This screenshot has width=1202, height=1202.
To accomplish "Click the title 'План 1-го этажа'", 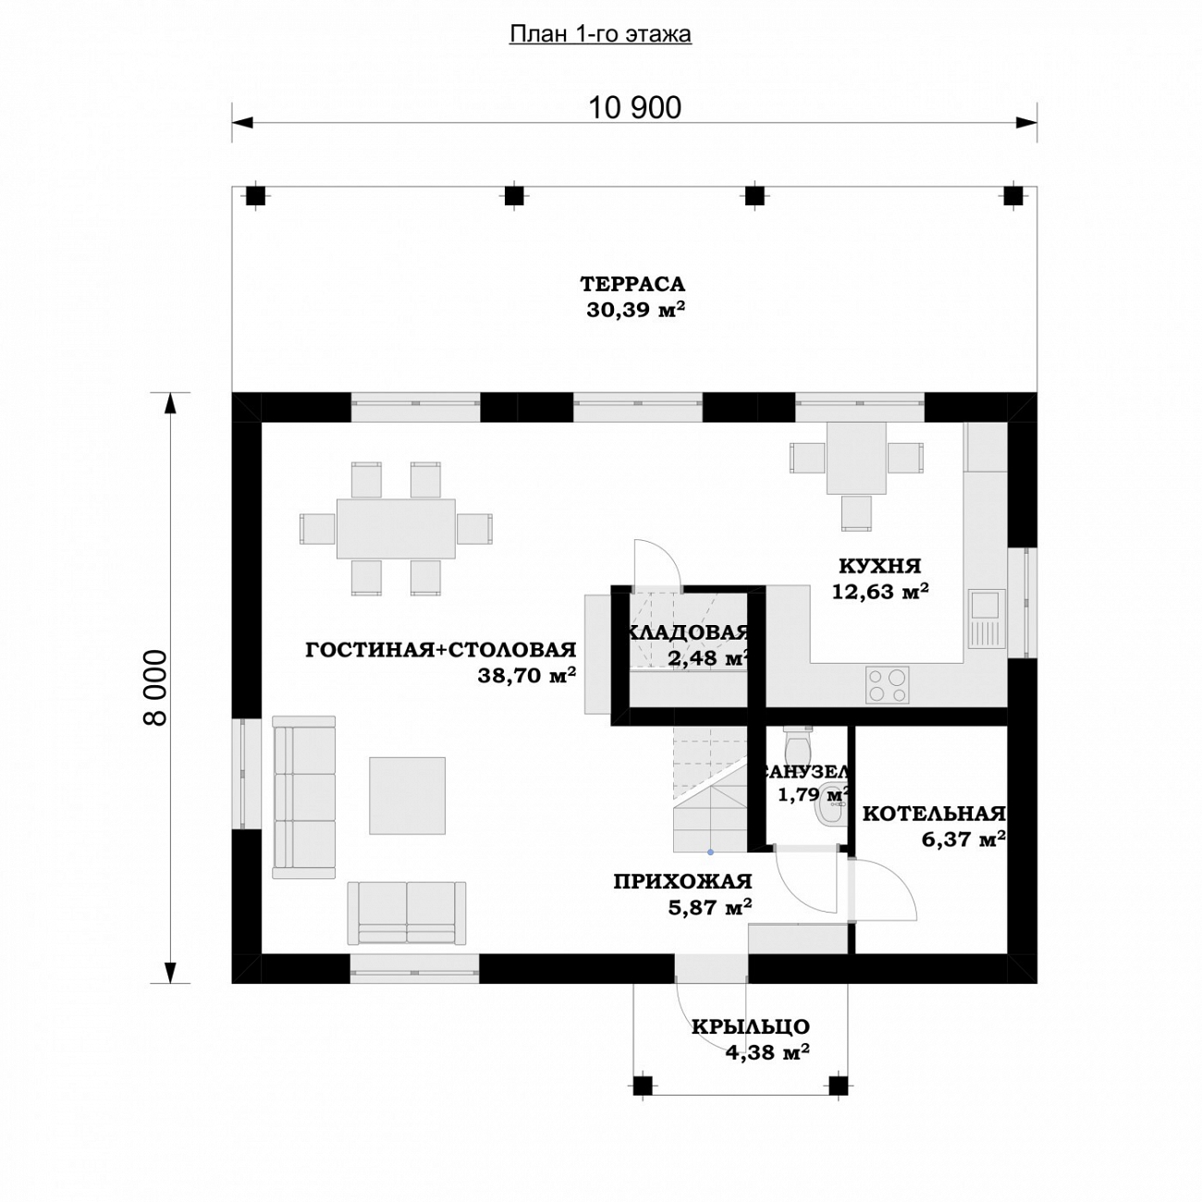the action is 600,35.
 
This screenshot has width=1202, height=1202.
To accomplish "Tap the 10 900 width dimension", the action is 634,108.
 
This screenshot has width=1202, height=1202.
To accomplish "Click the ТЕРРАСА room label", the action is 632,285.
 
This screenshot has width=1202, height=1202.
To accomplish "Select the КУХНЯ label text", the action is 879,567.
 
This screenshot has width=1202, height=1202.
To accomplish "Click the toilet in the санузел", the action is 797,742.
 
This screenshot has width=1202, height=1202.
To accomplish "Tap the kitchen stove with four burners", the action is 887,685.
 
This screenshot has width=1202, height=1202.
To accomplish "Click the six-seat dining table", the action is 396,528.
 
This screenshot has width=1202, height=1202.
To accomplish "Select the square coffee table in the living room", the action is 408,795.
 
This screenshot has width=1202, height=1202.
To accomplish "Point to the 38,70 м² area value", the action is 526,676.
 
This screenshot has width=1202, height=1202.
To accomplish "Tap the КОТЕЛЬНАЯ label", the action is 934,814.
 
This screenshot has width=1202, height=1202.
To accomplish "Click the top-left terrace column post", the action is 254,197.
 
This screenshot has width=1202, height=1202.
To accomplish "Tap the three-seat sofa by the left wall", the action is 304,797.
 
